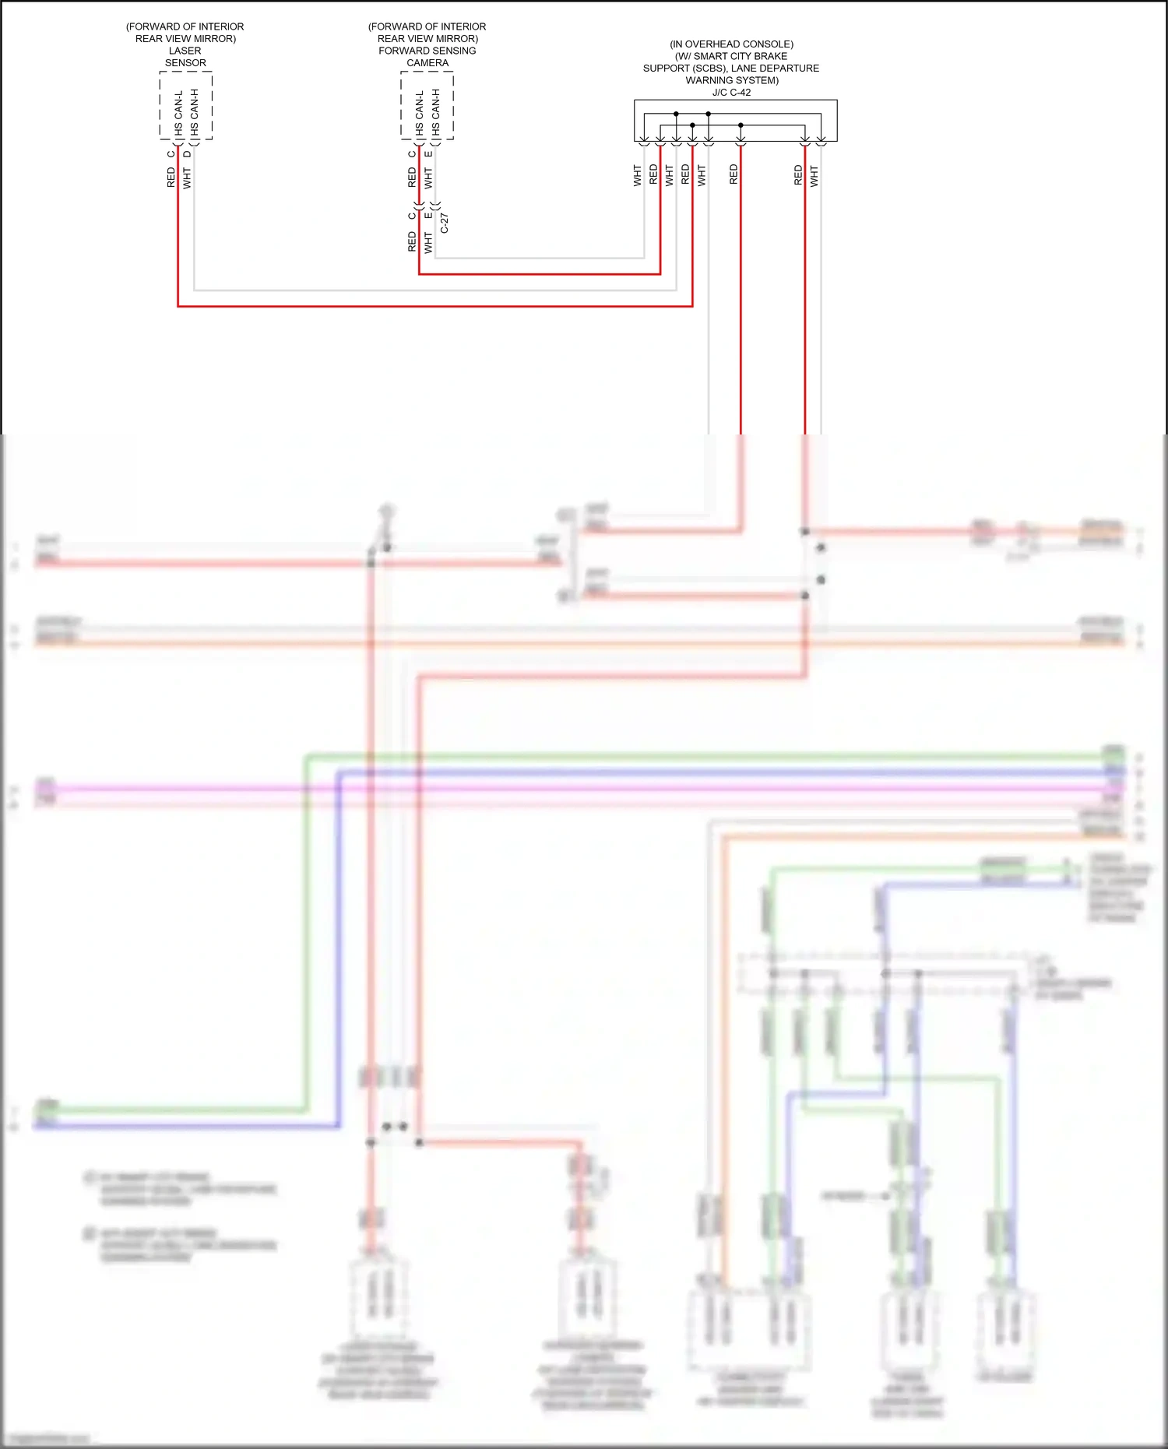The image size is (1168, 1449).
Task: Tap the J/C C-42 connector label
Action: coord(731,93)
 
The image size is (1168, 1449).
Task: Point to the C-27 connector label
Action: coord(445,223)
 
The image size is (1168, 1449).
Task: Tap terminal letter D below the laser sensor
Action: coord(187,154)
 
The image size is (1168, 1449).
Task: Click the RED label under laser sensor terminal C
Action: coord(171,178)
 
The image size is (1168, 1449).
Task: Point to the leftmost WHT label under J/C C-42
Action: coord(637,175)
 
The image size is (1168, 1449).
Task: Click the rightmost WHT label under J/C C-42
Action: coord(814,175)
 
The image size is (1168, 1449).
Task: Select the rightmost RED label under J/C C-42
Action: coord(798,175)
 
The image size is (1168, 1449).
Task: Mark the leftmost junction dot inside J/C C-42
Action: coord(676,114)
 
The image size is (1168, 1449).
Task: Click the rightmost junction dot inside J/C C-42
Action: coord(741,125)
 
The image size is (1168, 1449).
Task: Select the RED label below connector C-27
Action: coord(412,241)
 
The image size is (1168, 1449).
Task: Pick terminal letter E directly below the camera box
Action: coord(428,154)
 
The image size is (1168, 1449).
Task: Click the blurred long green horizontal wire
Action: coord(701,755)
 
